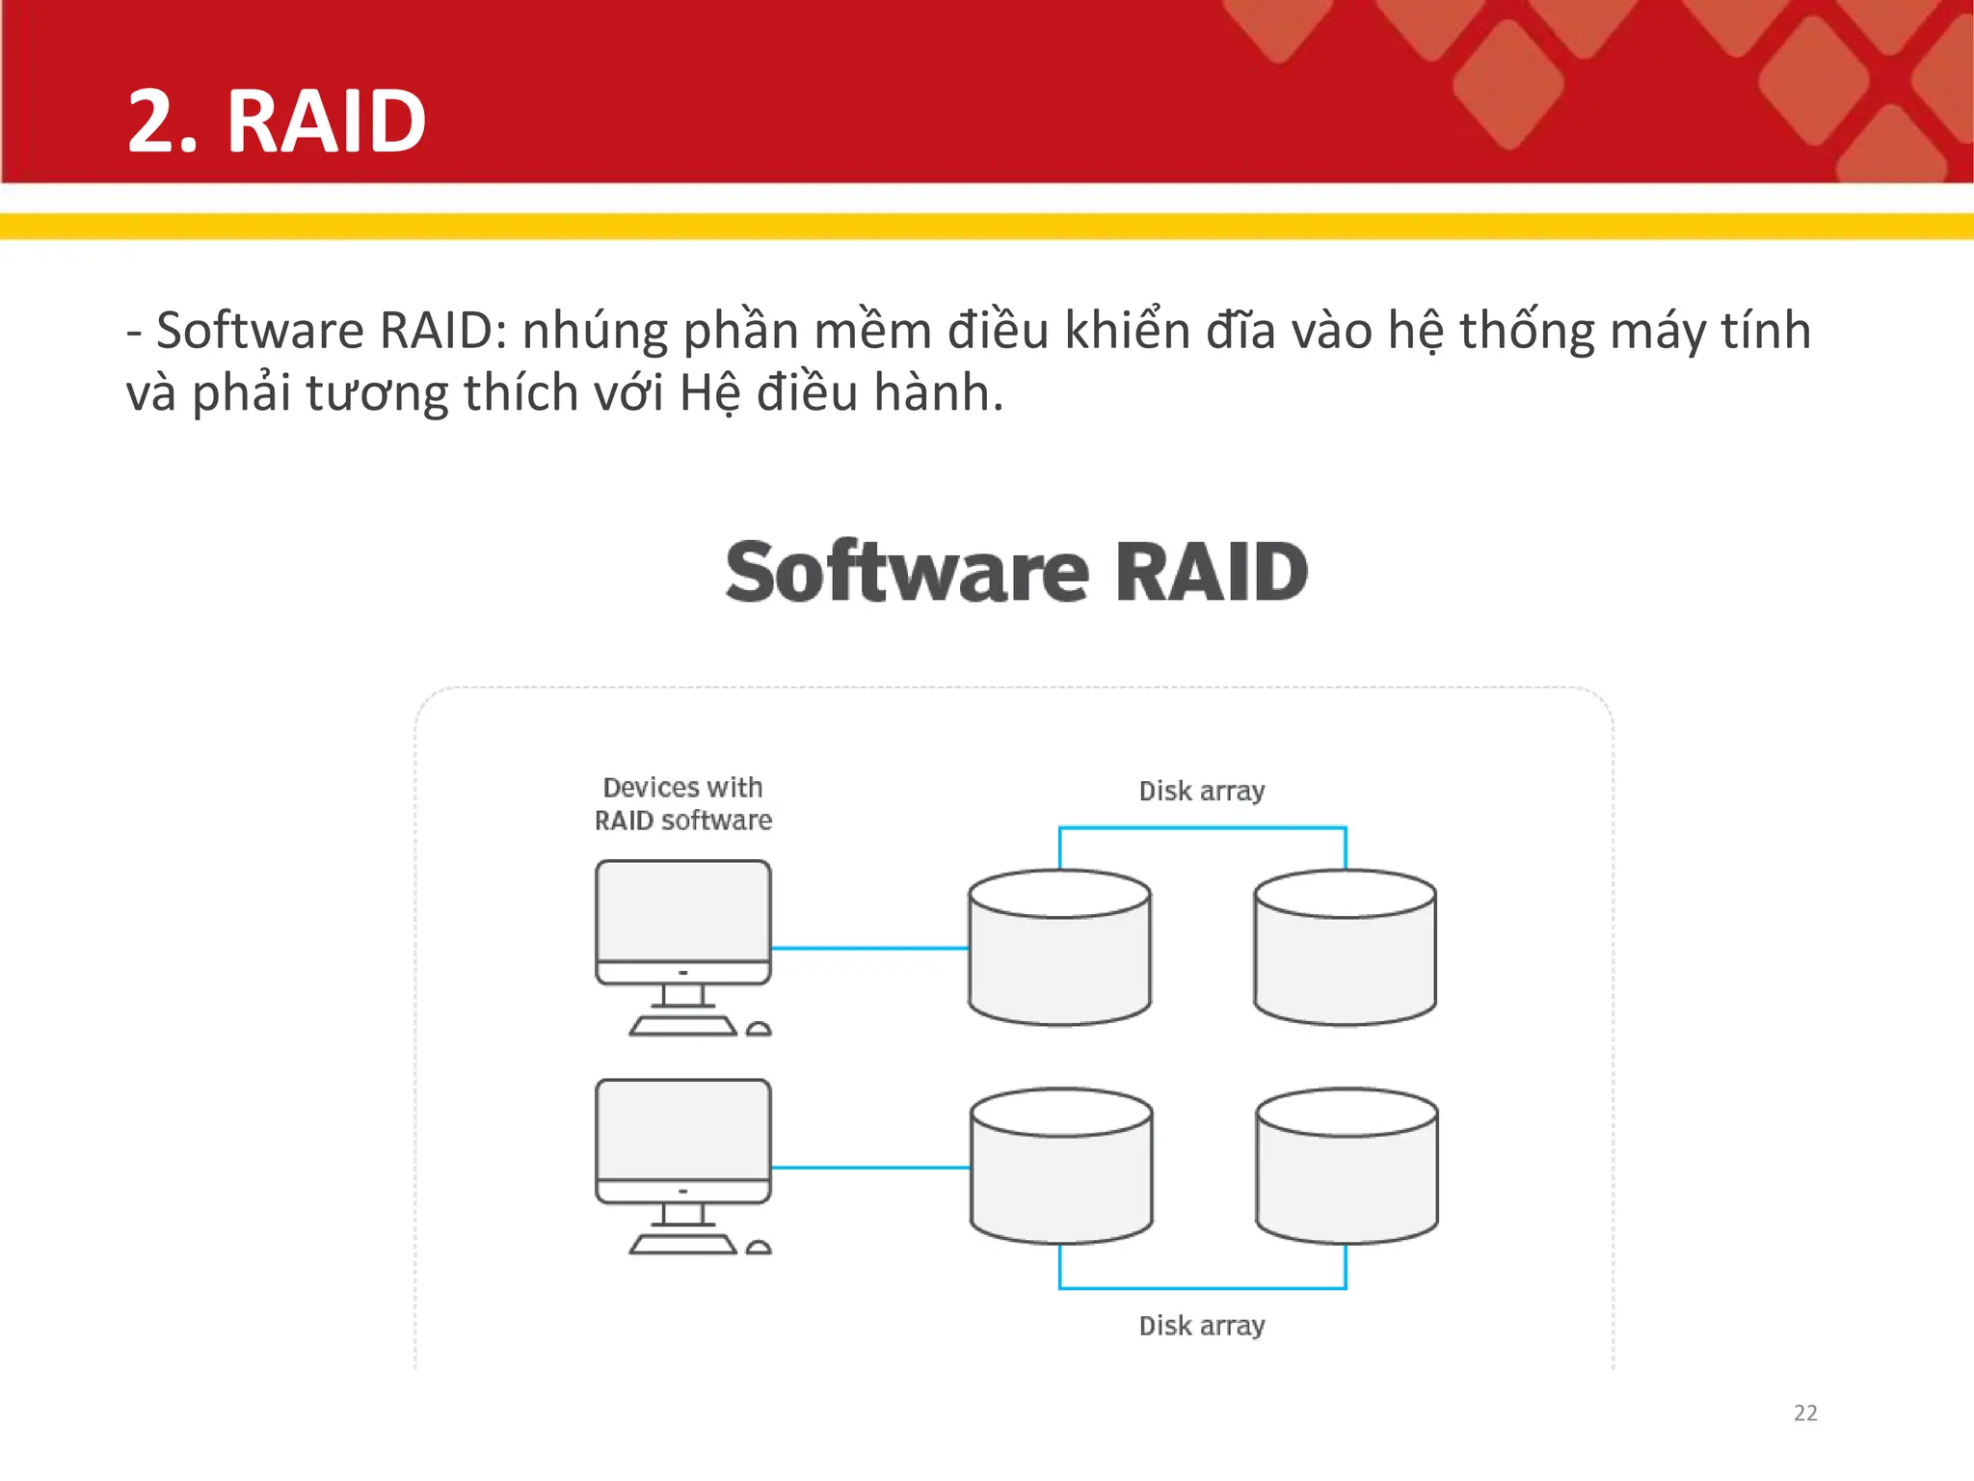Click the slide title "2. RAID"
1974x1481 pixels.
[277, 121]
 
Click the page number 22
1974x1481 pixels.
[1804, 1413]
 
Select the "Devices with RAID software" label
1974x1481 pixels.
[682, 803]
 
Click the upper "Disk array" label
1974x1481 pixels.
[1201, 791]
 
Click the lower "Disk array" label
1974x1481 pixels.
[1201, 1325]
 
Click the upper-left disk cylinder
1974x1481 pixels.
[1059, 955]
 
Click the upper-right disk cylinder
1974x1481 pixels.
[1345, 955]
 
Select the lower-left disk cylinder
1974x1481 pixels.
[1061, 1173]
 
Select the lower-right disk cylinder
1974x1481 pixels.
[1347, 1173]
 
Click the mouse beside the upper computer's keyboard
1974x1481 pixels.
[759, 1029]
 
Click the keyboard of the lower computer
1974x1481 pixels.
[682, 1246]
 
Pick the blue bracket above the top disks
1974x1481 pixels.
[1202, 828]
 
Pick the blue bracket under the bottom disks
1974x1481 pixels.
[1202, 1287]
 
